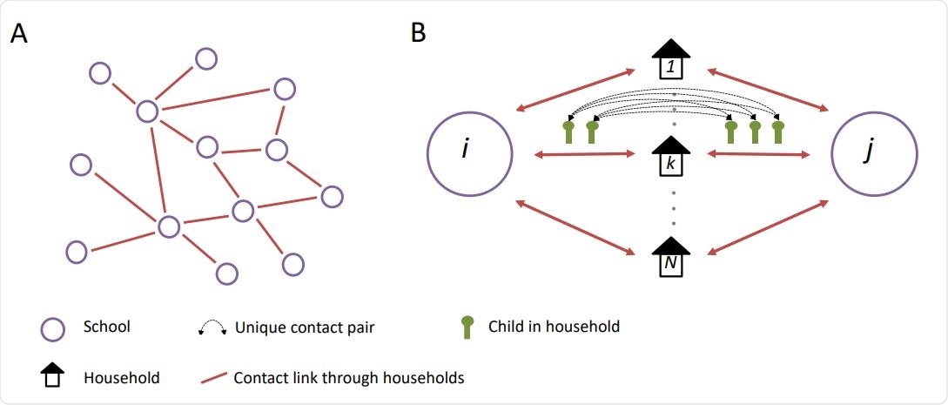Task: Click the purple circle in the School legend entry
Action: [54, 328]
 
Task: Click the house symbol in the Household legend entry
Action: [54, 377]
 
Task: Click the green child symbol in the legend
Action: [467, 327]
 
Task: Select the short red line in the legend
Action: [212, 379]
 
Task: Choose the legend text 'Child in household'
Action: [554, 327]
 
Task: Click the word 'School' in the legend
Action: [106, 327]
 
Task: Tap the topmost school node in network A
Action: [206, 59]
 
